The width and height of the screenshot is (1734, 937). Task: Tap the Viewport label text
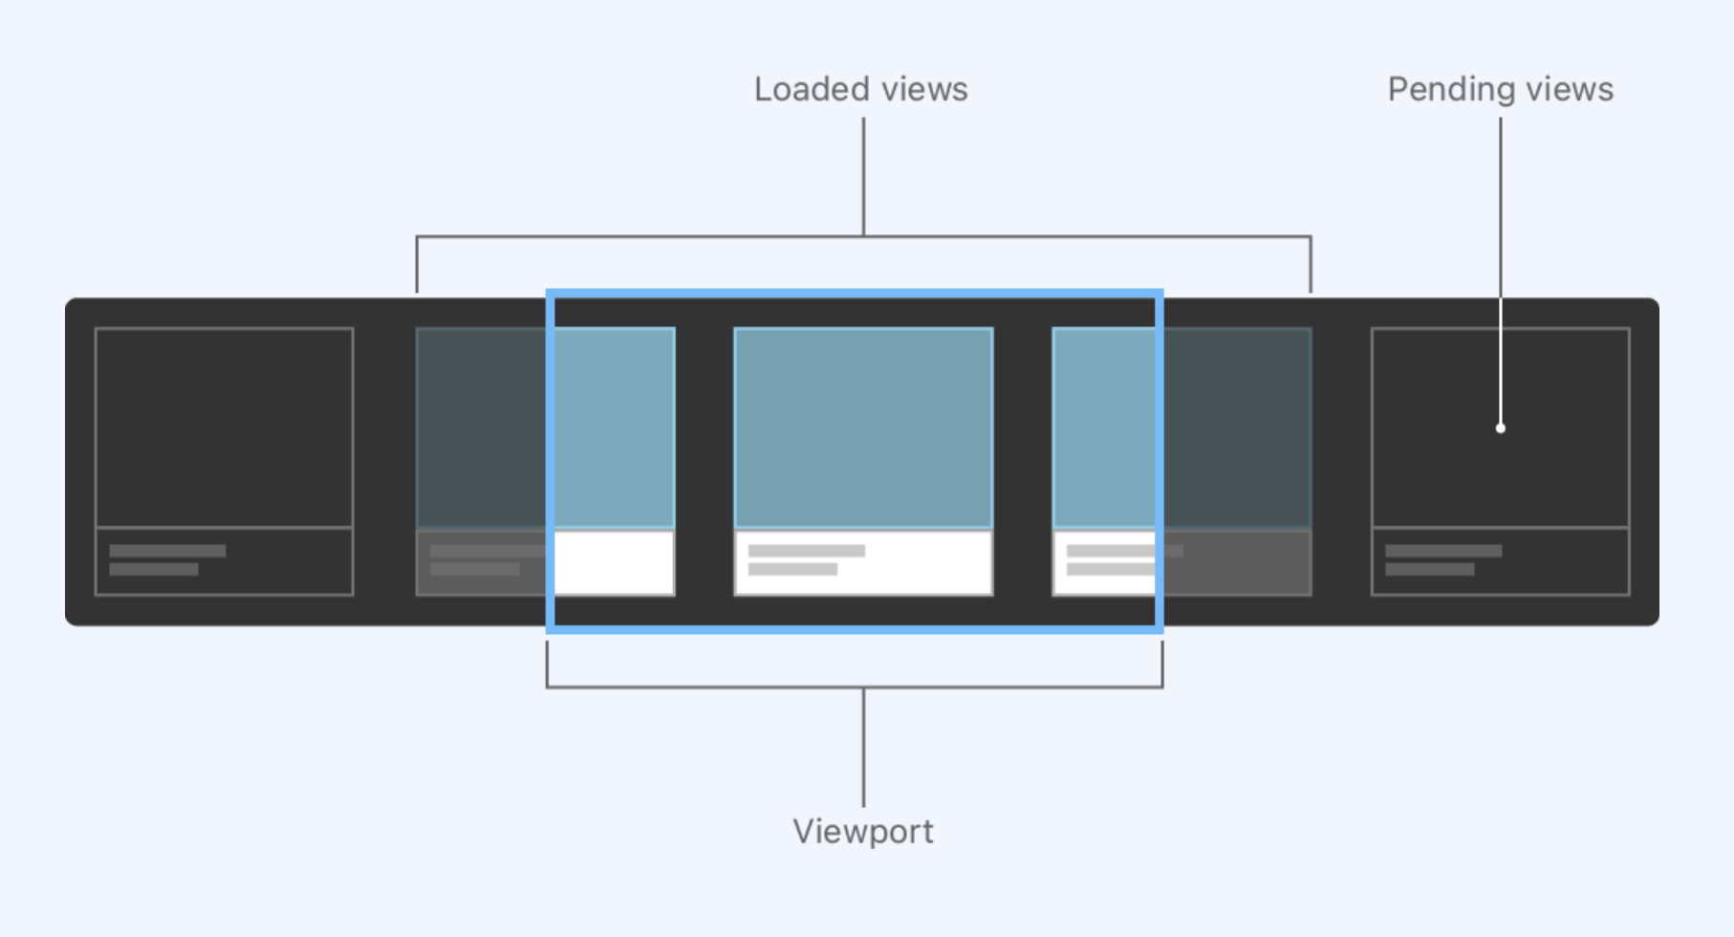(x=862, y=831)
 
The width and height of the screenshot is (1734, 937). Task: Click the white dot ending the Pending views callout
(x=1501, y=428)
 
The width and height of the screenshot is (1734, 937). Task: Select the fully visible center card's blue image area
(x=863, y=426)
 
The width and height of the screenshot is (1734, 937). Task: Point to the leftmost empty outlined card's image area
(x=224, y=426)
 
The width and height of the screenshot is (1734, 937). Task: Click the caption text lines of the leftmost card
(x=166, y=560)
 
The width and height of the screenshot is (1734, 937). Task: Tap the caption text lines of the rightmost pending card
(x=1442, y=560)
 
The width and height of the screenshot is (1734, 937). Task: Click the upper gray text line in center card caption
(x=806, y=551)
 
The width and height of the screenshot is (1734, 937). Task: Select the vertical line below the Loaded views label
(x=863, y=177)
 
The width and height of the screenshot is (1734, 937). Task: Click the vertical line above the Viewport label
(x=863, y=746)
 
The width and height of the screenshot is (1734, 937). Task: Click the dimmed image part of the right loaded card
(x=1236, y=426)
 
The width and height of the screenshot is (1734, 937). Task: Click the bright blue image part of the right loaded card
(x=1104, y=426)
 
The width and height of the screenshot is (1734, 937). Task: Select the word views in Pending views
(x=1569, y=90)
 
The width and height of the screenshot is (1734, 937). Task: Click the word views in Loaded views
(x=923, y=89)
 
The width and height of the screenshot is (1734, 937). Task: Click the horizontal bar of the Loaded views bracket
(x=669, y=236)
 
